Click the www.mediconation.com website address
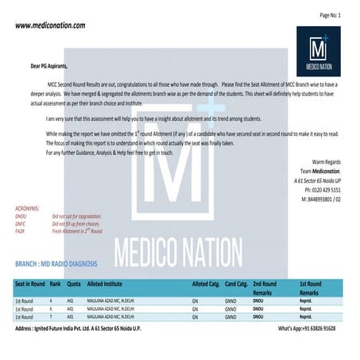tap(50, 25)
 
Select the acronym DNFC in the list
tap(21, 223)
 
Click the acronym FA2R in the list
tap(21, 230)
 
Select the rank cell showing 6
tap(52, 309)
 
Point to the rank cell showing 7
tap(52, 317)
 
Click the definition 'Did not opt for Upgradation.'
tap(79, 216)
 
